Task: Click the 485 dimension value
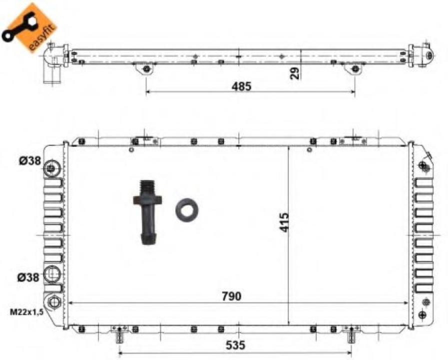coord(242,85)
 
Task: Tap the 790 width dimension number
coord(231,296)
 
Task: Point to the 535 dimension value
coord(236,345)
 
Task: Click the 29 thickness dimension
coord(295,73)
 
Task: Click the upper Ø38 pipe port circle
coord(51,168)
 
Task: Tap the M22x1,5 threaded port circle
coord(53,301)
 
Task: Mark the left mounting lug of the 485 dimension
coord(146,68)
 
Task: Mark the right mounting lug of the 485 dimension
coord(355,68)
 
